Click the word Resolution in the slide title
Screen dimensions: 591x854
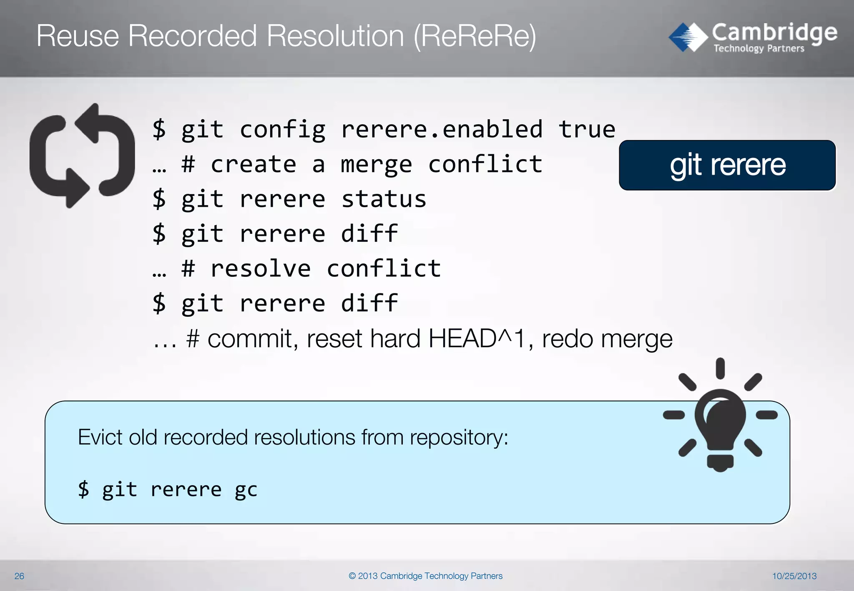click(x=335, y=36)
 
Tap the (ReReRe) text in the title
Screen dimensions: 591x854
click(x=475, y=37)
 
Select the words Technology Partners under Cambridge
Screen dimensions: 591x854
click(x=759, y=48)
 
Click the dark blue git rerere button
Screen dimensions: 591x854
click(x=727, y=165)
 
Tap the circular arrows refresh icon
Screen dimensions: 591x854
click(x=82, y=155)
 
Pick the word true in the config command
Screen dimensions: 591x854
click(x=587, y=129)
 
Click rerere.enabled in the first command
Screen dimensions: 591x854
click(x=442, y=129)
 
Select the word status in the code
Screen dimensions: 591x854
click(x=384, y=199)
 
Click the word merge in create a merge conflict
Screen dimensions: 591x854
click(x=376, y=164)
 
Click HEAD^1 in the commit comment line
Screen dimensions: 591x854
click(x=477, y=338)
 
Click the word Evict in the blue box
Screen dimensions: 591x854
click(x=100, y=437)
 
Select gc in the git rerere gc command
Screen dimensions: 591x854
click(x=246, y=490)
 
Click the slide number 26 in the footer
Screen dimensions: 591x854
click(x=19, y=576)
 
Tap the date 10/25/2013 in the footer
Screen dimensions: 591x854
click(x=794, y=576)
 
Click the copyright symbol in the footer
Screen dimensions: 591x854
click(x=352, y=576)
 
